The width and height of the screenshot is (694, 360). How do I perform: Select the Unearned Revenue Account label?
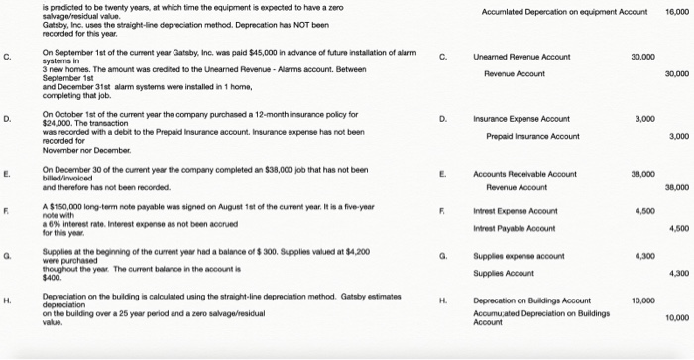[x=520, y=58]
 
